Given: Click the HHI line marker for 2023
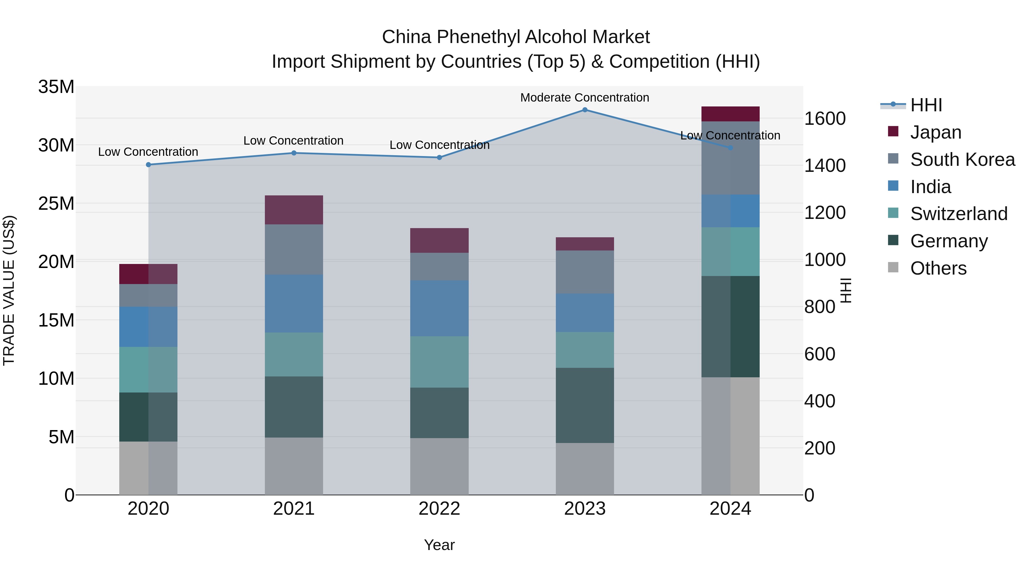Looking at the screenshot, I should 585,110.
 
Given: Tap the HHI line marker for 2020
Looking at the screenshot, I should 148,165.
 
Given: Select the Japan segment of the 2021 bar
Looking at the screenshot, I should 294,210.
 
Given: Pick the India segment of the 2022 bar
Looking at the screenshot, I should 439,308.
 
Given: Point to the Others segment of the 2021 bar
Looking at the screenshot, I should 294,466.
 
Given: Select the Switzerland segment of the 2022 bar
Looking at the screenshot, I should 439,362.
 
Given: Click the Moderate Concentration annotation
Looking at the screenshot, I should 585,98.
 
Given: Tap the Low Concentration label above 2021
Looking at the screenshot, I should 293,141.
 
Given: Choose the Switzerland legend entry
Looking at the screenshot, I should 958,214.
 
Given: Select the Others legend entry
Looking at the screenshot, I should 938,268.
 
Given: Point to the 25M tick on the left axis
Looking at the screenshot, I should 56,204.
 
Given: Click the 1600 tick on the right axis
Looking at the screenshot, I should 825,119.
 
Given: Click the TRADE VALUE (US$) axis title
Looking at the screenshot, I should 9,290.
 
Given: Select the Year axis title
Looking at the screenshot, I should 439,545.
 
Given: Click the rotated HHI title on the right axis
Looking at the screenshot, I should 845,290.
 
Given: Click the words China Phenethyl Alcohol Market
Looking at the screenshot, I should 516,37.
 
